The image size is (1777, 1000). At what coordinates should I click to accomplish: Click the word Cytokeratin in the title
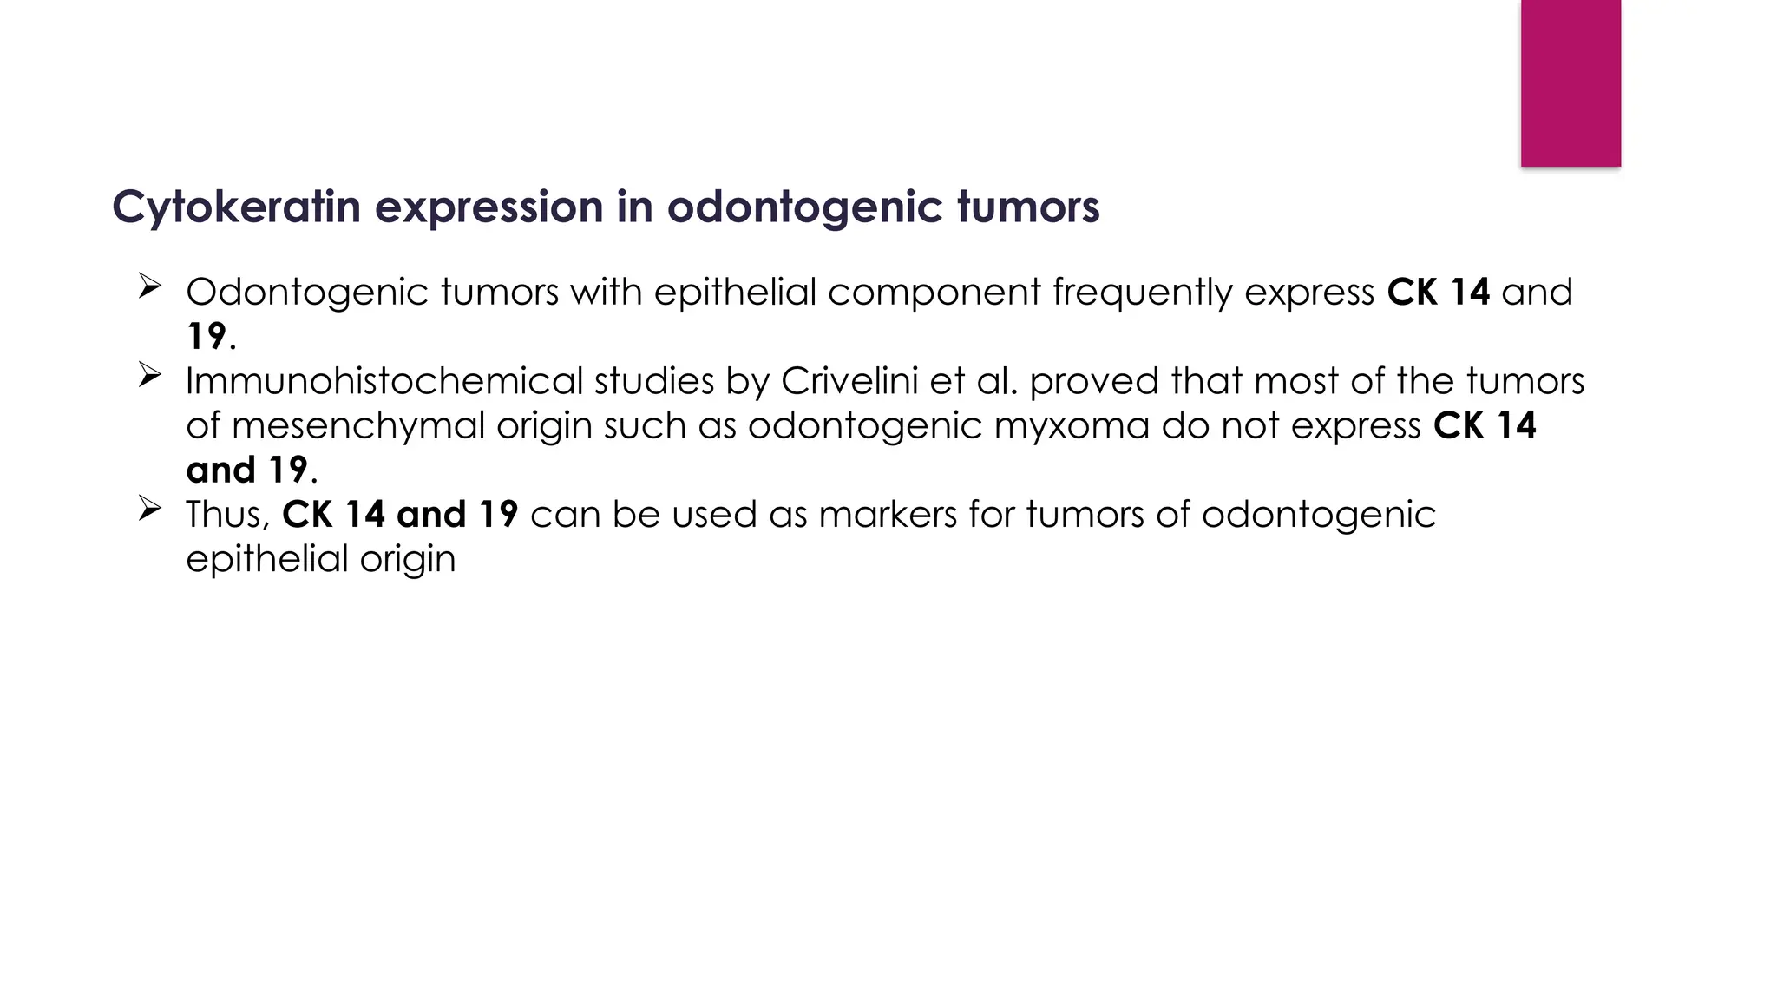point(236,207)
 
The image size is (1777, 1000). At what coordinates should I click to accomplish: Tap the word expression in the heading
point(489,207)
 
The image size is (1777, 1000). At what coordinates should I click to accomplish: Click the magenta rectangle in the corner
point(1570,82)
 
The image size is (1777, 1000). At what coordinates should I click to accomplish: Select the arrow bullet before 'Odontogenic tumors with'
point(149,286)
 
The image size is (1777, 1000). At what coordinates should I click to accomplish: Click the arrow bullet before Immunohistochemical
point(149,375)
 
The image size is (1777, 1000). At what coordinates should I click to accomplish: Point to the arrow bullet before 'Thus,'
point(149,509)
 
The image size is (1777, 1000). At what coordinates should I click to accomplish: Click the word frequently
point(1143,293)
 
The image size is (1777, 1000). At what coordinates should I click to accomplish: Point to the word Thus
point(224,515)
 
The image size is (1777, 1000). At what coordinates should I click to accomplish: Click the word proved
point(1093,381)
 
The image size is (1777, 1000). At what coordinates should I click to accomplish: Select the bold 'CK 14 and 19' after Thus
point(400,515)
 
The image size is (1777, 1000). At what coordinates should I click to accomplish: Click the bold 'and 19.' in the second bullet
point(252,470)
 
